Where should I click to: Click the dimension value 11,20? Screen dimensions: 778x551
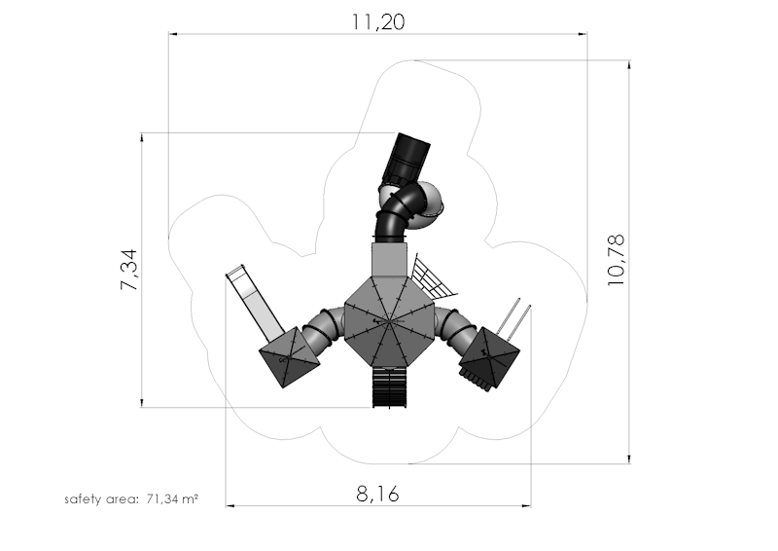(378, 21)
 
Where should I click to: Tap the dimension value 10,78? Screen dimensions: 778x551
(617, 260)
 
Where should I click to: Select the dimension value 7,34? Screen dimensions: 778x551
(128, 270)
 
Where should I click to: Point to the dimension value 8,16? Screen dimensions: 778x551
(377, 495)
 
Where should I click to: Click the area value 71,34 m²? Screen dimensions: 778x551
(173, 498)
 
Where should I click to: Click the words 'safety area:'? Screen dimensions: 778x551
(102, 499)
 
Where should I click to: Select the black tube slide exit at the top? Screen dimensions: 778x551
(406, 158)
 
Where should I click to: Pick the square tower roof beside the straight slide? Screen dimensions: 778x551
(290, 356)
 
